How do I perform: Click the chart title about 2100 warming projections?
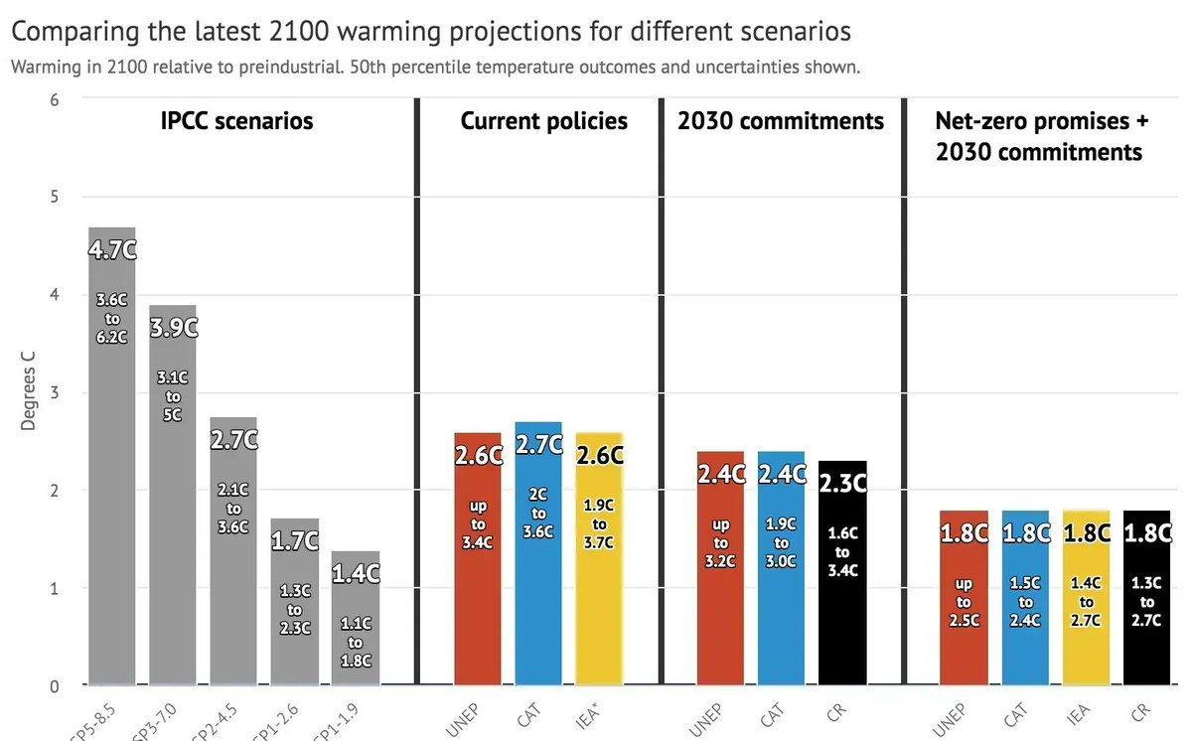point(431,32)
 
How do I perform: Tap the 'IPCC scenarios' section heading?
point(236,121)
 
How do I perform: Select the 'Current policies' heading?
point(543,121)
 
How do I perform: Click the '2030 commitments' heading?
point(781,121)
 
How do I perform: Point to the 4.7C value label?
point(111,249)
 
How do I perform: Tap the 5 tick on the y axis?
point(55,197)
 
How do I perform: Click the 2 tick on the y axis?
point(55,491)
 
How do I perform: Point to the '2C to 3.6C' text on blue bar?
point(537,514)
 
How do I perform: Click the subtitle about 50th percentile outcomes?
point(435,68)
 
